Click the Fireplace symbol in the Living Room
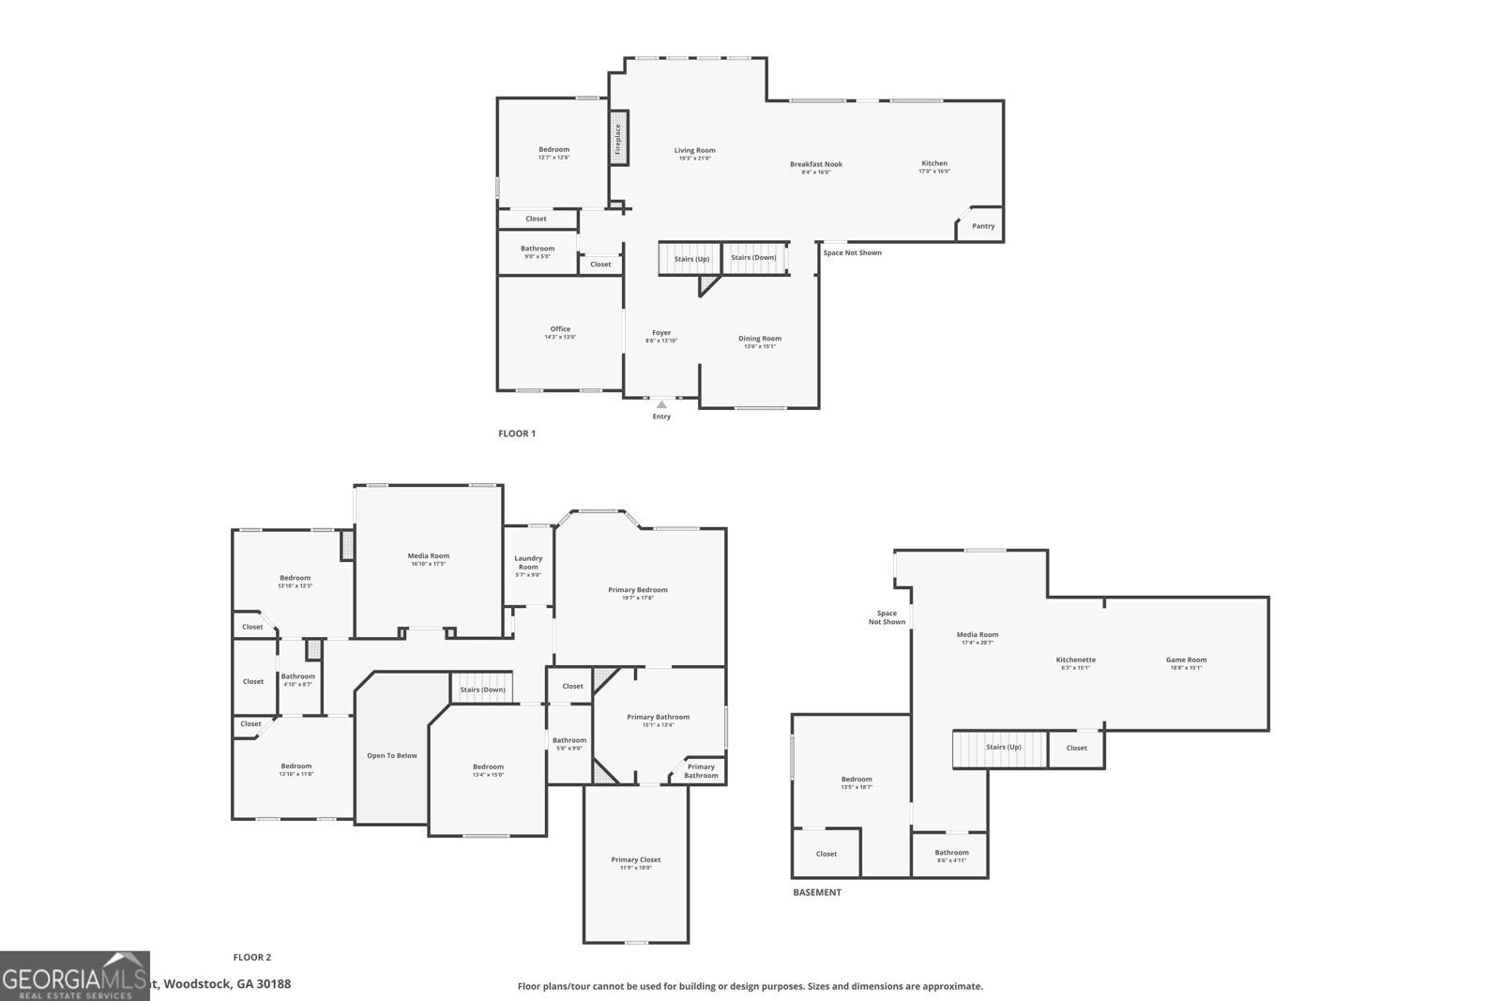coord(618,139)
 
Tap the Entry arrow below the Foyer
coord(661,404)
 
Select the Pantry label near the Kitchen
coord(983,226)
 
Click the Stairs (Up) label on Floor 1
coord(691,258)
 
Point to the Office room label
coord(560,329)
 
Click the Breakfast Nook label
coord(816,164)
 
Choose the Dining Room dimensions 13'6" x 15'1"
coord(760,346)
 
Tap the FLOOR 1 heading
coord(517,433)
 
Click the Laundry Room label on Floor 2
coord(528,562)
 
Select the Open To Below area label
coord(392,755)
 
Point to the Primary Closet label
coord(636,859)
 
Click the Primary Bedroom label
coord(638,590)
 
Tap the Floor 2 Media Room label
coord(428,555)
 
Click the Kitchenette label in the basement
coord(1075,660)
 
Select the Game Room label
coord(1186,660)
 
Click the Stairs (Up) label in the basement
coord(1003,747)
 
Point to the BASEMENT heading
coord(817,892)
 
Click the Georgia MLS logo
coord(74,976)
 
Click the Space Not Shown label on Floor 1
coord(852,252)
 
